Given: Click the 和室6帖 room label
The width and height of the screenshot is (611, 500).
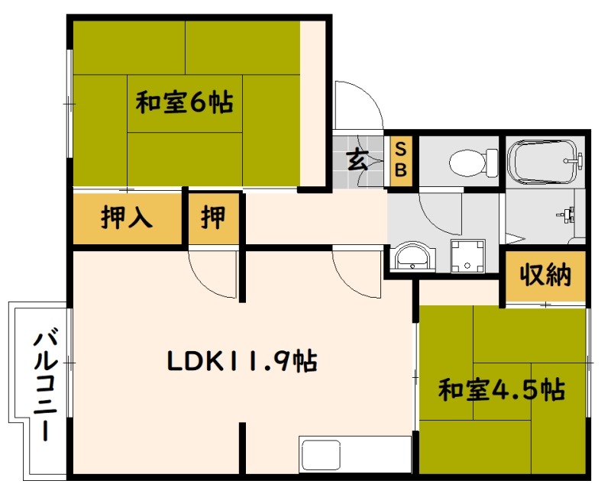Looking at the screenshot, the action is click(x=184, y=103).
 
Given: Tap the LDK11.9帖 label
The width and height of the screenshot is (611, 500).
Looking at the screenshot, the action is click(x=242, y=361).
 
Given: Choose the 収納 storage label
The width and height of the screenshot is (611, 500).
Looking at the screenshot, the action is click(x=545, y=275).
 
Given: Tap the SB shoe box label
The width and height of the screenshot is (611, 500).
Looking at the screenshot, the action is click(x=401, y=160).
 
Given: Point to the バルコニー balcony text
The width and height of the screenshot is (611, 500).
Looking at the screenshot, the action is click(x=46, y=385).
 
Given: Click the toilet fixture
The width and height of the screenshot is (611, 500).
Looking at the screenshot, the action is click(x=474, y=162).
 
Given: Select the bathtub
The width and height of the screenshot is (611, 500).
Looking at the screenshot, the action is click(x=545, y=161).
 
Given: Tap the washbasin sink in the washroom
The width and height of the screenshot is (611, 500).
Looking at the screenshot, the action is click(x=412, y=256).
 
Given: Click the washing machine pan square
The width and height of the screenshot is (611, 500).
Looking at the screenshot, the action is click(x=467, y=256).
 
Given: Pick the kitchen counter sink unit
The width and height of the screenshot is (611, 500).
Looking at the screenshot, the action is click(x=355, y=455).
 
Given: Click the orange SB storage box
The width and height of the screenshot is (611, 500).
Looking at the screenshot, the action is click(x=401, y=160).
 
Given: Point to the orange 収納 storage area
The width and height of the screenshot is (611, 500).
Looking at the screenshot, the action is click(x=545, y=276).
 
